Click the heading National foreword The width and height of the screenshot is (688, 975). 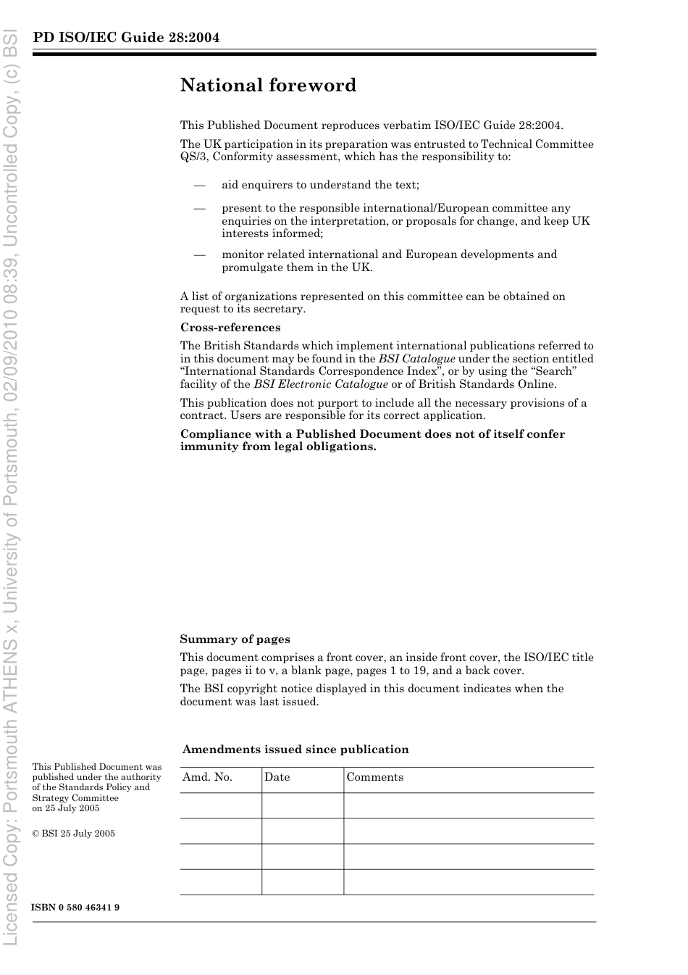[268, 86]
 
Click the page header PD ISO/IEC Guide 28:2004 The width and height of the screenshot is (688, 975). [126, 38]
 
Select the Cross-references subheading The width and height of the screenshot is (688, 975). [230, 328]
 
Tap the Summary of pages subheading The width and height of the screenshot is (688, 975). [235, 639]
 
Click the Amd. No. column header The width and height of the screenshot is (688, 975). [207, 777]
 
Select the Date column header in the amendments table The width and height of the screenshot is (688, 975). [277, 777]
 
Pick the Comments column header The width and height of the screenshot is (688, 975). [374, 777]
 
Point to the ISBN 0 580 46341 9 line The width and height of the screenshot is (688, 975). [75, 908]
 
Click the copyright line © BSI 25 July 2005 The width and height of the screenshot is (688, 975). [73, 834]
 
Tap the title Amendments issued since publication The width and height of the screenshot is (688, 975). [295, 750]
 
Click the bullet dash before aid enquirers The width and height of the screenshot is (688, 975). [200, 186]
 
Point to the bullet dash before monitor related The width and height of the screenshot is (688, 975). [200, 254]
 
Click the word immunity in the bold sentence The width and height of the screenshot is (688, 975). [206, 447]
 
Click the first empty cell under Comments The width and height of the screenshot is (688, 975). [468, 805]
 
